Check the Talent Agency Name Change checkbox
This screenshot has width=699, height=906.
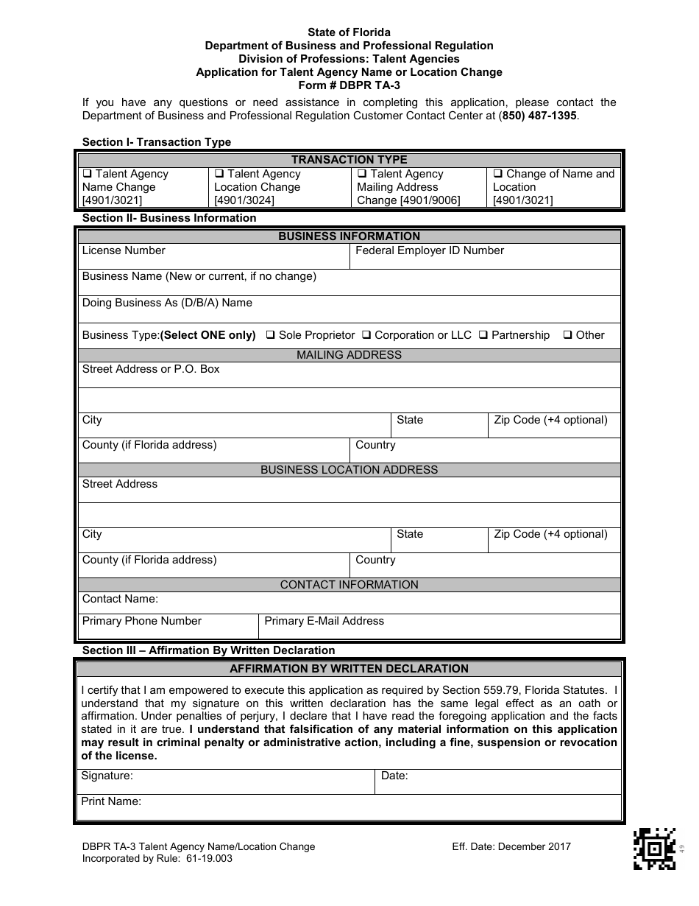(87, 175)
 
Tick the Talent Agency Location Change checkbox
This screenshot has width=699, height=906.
(219, 175)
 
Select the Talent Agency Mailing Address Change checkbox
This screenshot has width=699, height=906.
(362, 175)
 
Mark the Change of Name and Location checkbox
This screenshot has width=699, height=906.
(497, 175)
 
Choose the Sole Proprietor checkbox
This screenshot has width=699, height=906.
(270, 335)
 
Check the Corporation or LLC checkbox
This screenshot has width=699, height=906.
(366, 335)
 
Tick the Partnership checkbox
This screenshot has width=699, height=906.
(483, 335)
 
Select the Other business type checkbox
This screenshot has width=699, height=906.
(568, 335)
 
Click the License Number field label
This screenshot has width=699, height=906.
(124, 250)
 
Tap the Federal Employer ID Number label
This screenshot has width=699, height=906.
(430, 250)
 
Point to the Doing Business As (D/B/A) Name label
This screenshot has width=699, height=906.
(167, 303)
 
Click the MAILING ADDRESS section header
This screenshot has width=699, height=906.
(349, 355)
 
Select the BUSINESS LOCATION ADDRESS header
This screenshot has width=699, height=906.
(349, 470)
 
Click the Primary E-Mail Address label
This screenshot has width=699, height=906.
(324, 621)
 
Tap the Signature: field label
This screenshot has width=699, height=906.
(107, 776)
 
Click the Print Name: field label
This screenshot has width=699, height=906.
(111, 801)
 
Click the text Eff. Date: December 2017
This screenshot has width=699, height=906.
(511, 847)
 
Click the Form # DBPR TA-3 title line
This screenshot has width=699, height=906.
(349, 85)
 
